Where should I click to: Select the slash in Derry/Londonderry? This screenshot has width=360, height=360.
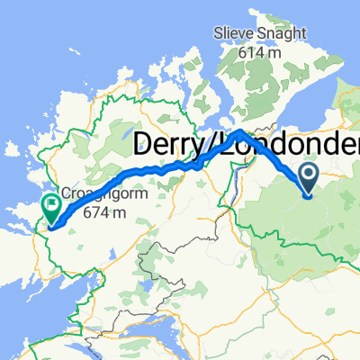[210, 146]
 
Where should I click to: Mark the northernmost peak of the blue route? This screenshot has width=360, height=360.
[238, 131]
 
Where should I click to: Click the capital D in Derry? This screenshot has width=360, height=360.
[143, 146]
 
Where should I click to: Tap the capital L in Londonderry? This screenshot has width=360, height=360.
[221, 146]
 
